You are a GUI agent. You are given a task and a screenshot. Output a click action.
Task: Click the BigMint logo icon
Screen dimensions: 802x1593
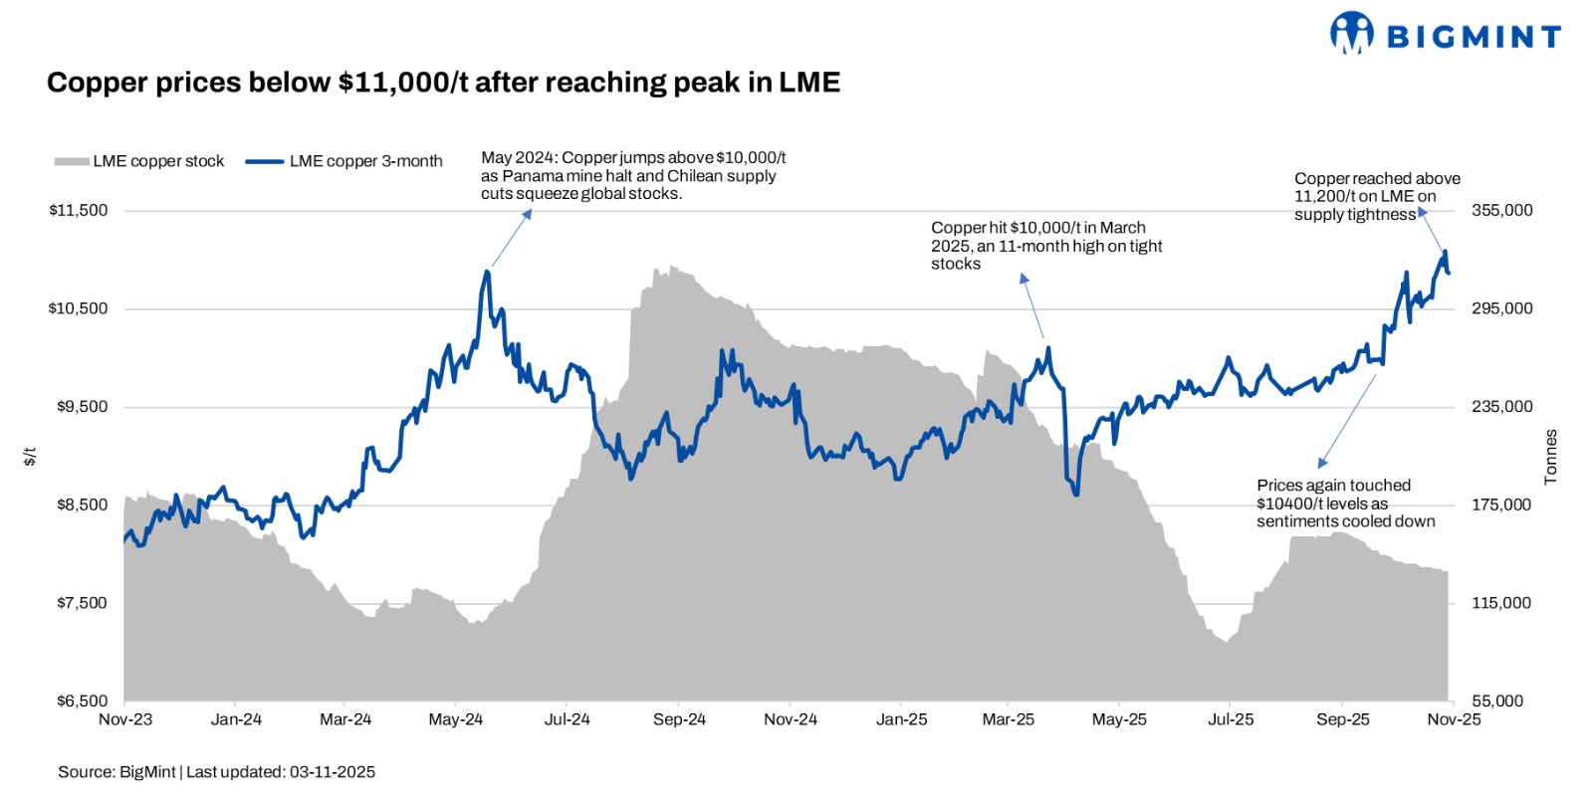click(x=1351, y=33)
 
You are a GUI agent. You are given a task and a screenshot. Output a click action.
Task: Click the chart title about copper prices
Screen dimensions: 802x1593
click(x=443, y=83)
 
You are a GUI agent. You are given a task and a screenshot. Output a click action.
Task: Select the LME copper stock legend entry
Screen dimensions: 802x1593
click(x=140, y=161)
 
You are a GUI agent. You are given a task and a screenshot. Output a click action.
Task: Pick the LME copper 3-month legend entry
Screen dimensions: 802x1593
click(x=344, y=161)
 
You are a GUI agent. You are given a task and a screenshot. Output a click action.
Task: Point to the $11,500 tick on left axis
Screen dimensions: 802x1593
click(x=78, y=211)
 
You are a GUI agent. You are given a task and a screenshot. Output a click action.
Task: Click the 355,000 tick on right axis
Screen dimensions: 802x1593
click(x=1501, y=211)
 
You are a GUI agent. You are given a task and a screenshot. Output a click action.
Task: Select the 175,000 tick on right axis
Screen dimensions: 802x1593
click(x=1501, y=505)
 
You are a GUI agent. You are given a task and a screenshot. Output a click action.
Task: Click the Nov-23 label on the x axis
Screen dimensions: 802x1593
click(x=125, y=719)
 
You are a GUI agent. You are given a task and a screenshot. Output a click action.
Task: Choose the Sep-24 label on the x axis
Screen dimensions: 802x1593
click(x=679, y=719)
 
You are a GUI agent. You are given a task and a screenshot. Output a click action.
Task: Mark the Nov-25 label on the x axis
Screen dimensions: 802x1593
click(x=1454, y=719)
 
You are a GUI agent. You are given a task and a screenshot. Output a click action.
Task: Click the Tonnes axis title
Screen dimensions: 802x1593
click(x=1550, y=458)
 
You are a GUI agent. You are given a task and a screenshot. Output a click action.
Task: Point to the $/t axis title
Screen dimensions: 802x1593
click(x=30, y=457)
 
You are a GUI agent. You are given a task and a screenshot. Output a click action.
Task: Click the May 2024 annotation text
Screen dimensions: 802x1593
click(x=633, y=176)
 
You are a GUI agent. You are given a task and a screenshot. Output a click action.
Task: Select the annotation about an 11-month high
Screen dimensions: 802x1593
click(x=1046, y=246)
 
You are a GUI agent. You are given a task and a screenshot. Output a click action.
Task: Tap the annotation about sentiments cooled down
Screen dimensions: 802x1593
click(x=1345, y=503)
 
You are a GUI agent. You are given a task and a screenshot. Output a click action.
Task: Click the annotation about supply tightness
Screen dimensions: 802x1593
click(x=1377, y=197)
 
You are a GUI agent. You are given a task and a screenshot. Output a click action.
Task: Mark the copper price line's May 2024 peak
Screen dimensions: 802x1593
click(x=487, y=271)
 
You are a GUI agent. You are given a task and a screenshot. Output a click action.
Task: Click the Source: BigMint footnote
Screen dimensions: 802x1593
click(x=216, y=772)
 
